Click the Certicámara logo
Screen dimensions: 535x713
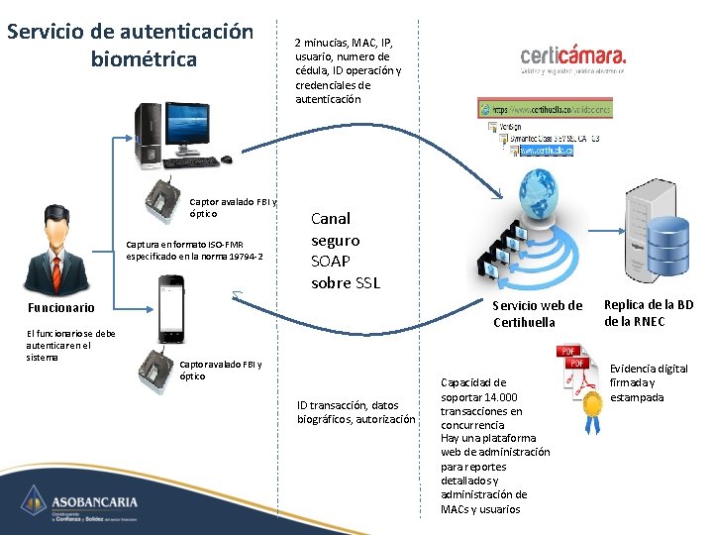[x=573, y=59]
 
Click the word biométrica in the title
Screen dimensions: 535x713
[x=144, y=59]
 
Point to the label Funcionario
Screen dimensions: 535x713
[x=61, y=308]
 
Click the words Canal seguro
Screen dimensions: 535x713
[x=336, y=229]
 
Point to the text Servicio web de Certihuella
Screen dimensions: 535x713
[x=538, y=314]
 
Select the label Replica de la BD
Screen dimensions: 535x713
[x=649, y=305]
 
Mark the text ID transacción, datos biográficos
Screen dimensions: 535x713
[x=356, y=411]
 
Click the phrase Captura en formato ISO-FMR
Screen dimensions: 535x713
[x=184, y=245]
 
